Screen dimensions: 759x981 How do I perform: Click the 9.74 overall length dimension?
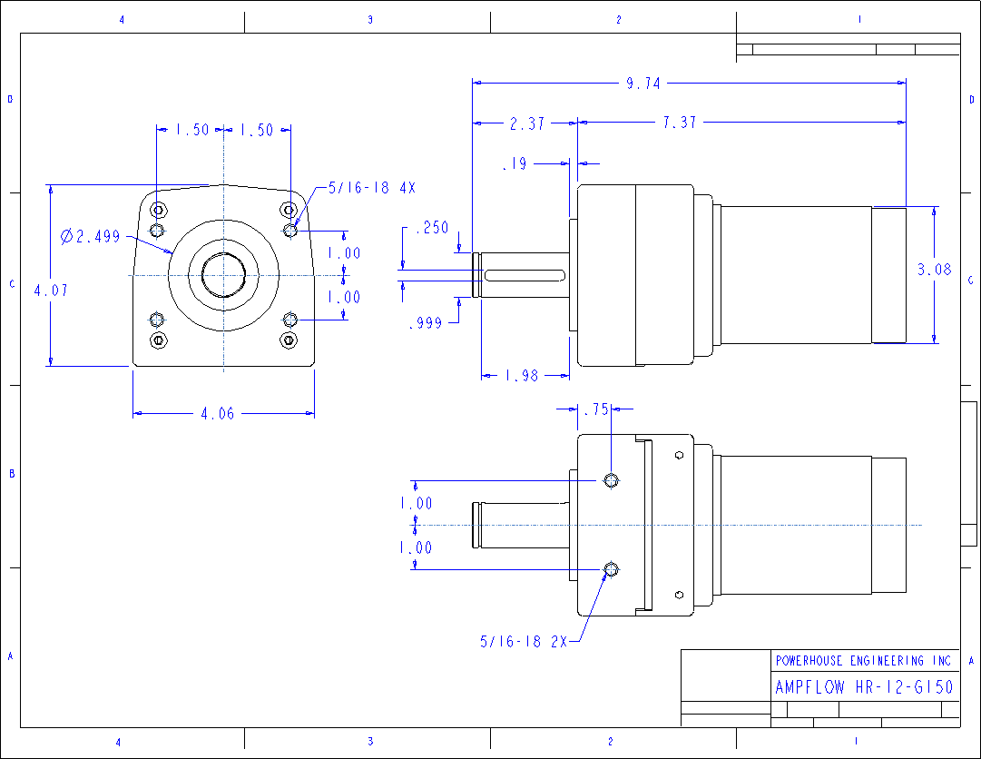pos(643,84)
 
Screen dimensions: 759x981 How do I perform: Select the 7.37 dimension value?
pos(679,123)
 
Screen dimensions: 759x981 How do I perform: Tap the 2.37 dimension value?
pos(526,123)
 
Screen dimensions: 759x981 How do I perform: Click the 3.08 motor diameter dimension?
pos(934,270)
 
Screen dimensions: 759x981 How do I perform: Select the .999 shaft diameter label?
pos(425,322)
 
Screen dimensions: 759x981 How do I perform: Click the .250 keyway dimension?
pos(431,229)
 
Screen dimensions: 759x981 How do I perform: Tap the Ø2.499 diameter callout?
pos(90,237)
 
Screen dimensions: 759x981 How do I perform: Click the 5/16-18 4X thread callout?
pos(371,188)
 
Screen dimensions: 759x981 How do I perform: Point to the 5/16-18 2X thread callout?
pos(524,641)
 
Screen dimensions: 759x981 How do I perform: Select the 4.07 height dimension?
pos(50,291)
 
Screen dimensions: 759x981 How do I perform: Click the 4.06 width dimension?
pos(217,414)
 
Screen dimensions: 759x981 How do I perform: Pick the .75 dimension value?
pos(595,409)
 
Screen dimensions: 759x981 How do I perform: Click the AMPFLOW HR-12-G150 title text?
pos(864,687)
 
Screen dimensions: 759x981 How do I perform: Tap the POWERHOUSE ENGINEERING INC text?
pos(863,661)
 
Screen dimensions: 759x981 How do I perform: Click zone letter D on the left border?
pos(10,100)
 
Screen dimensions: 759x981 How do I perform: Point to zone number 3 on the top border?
pos(369,19)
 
